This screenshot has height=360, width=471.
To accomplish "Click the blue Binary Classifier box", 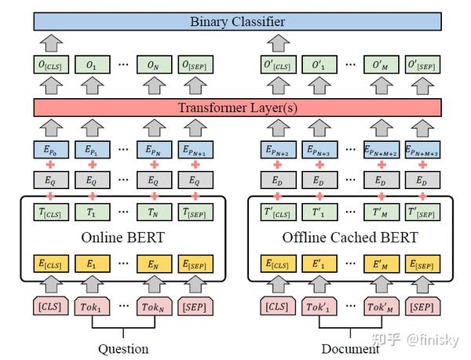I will pos(237,21).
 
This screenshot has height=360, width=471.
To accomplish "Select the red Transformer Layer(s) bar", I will pos(237,107).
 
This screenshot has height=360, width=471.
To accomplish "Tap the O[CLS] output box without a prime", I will pos(51,64).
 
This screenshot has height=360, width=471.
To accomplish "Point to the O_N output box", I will pos(153,64).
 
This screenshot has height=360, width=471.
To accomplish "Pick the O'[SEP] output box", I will pos(423,64).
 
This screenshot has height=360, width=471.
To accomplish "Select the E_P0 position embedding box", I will pos(51,150).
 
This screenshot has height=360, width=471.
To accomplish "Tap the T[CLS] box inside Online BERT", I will pos(51,211).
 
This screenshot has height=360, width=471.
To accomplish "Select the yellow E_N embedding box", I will pos(153,263).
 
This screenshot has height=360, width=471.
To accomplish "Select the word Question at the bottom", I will pos(123,347).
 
